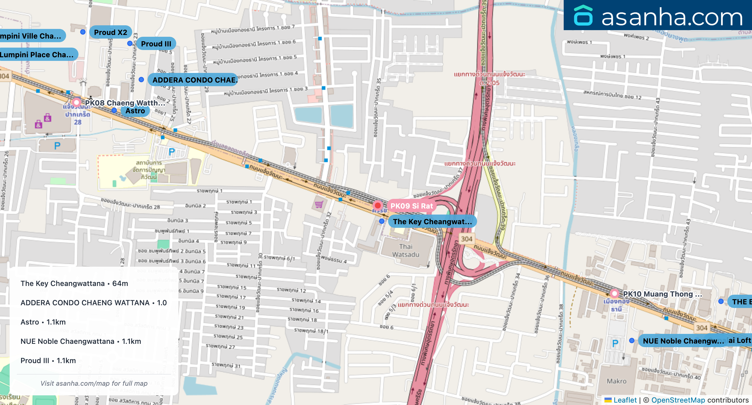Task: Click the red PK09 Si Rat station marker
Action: tap(378, 206)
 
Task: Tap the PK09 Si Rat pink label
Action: tap(412, 206)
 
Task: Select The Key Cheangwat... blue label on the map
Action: tap(432, 221)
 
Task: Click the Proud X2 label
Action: tap(111, 32)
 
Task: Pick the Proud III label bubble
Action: tap(156, 44)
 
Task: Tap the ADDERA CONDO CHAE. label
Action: tap(194, 80)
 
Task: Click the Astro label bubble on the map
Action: tap(135, 111)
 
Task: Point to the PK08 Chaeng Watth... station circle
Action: tap(77, 103)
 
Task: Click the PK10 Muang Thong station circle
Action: tap(614, 294)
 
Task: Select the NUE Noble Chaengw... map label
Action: tap(683, 341)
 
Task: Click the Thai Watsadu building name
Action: tap(406, 250)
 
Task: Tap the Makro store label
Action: tap(616, 381)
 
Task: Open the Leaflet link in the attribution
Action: tap(625, 400)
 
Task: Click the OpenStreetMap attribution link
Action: tap(678, 400)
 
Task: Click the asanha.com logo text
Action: tap(672, 17)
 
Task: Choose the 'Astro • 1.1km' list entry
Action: tap(43, 322)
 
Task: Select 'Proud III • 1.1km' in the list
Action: tap(48, 360)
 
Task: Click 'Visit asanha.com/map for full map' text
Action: tap(94, 383)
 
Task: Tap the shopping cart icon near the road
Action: tap(319, 204)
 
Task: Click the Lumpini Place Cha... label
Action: tap(36, 55)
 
